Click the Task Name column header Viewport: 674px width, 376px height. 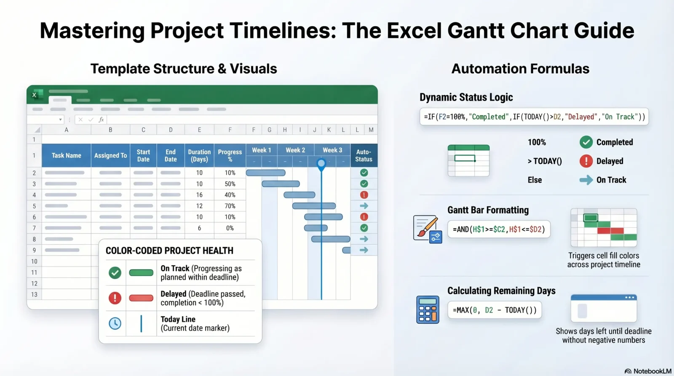coord(66,155)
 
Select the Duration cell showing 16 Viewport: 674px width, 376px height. coord(199,195)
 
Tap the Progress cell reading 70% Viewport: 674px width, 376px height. coord(230,206)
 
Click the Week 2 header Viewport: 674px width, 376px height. coord(295,150)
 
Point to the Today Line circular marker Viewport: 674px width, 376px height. coord(321,163)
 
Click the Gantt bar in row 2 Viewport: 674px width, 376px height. coord(265,173)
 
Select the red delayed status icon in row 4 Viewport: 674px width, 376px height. coord(364,195)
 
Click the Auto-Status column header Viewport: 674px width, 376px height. coord(364,155)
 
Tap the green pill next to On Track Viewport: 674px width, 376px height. coord(141,273)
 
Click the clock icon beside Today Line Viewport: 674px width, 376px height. coord(115,323)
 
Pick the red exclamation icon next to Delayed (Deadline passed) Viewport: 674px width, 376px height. coord(115,298)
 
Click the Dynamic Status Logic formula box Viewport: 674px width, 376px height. coord(534,117)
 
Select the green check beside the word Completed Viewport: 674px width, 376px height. coord(586,142)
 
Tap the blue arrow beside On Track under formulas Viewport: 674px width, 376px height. coord(586,180)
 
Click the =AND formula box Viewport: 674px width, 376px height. coord(499,229)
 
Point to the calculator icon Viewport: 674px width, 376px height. coord(428,309)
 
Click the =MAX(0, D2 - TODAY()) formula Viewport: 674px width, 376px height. coord(495,310)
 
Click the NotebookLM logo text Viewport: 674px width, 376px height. coord(652,371)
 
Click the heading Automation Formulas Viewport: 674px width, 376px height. coord(520,69)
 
